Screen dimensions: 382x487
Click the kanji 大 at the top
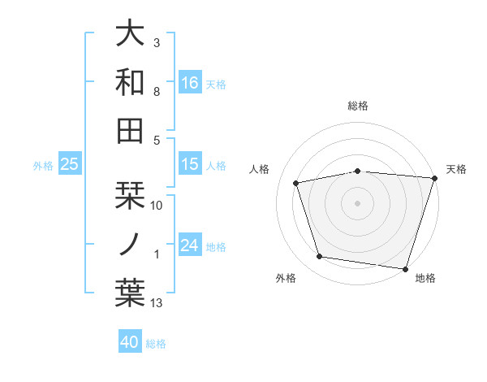pos(130,34)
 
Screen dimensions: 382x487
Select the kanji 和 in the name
pos(130,82)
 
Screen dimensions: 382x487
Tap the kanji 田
pos(130,129)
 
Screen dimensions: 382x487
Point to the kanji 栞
pos(130,196)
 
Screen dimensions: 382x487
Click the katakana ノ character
pos(130,244)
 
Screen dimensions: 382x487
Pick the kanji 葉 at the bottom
pos(130,292)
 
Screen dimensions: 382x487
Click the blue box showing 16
pos(190,82)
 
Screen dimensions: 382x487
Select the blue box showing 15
pos(190,164)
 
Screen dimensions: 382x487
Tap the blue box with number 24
pos(190,245)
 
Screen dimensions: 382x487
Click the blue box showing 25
pos(70,164)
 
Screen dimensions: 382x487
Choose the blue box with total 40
pos(130,342)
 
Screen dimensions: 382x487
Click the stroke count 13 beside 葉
pos(157,303)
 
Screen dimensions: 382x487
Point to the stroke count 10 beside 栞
pos(157,206)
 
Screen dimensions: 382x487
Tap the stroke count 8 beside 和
pos(157,93)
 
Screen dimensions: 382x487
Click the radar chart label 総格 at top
pos(358,106)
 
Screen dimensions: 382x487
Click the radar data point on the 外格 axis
pos(320,257)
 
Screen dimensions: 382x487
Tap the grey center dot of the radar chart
pos(358,203)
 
